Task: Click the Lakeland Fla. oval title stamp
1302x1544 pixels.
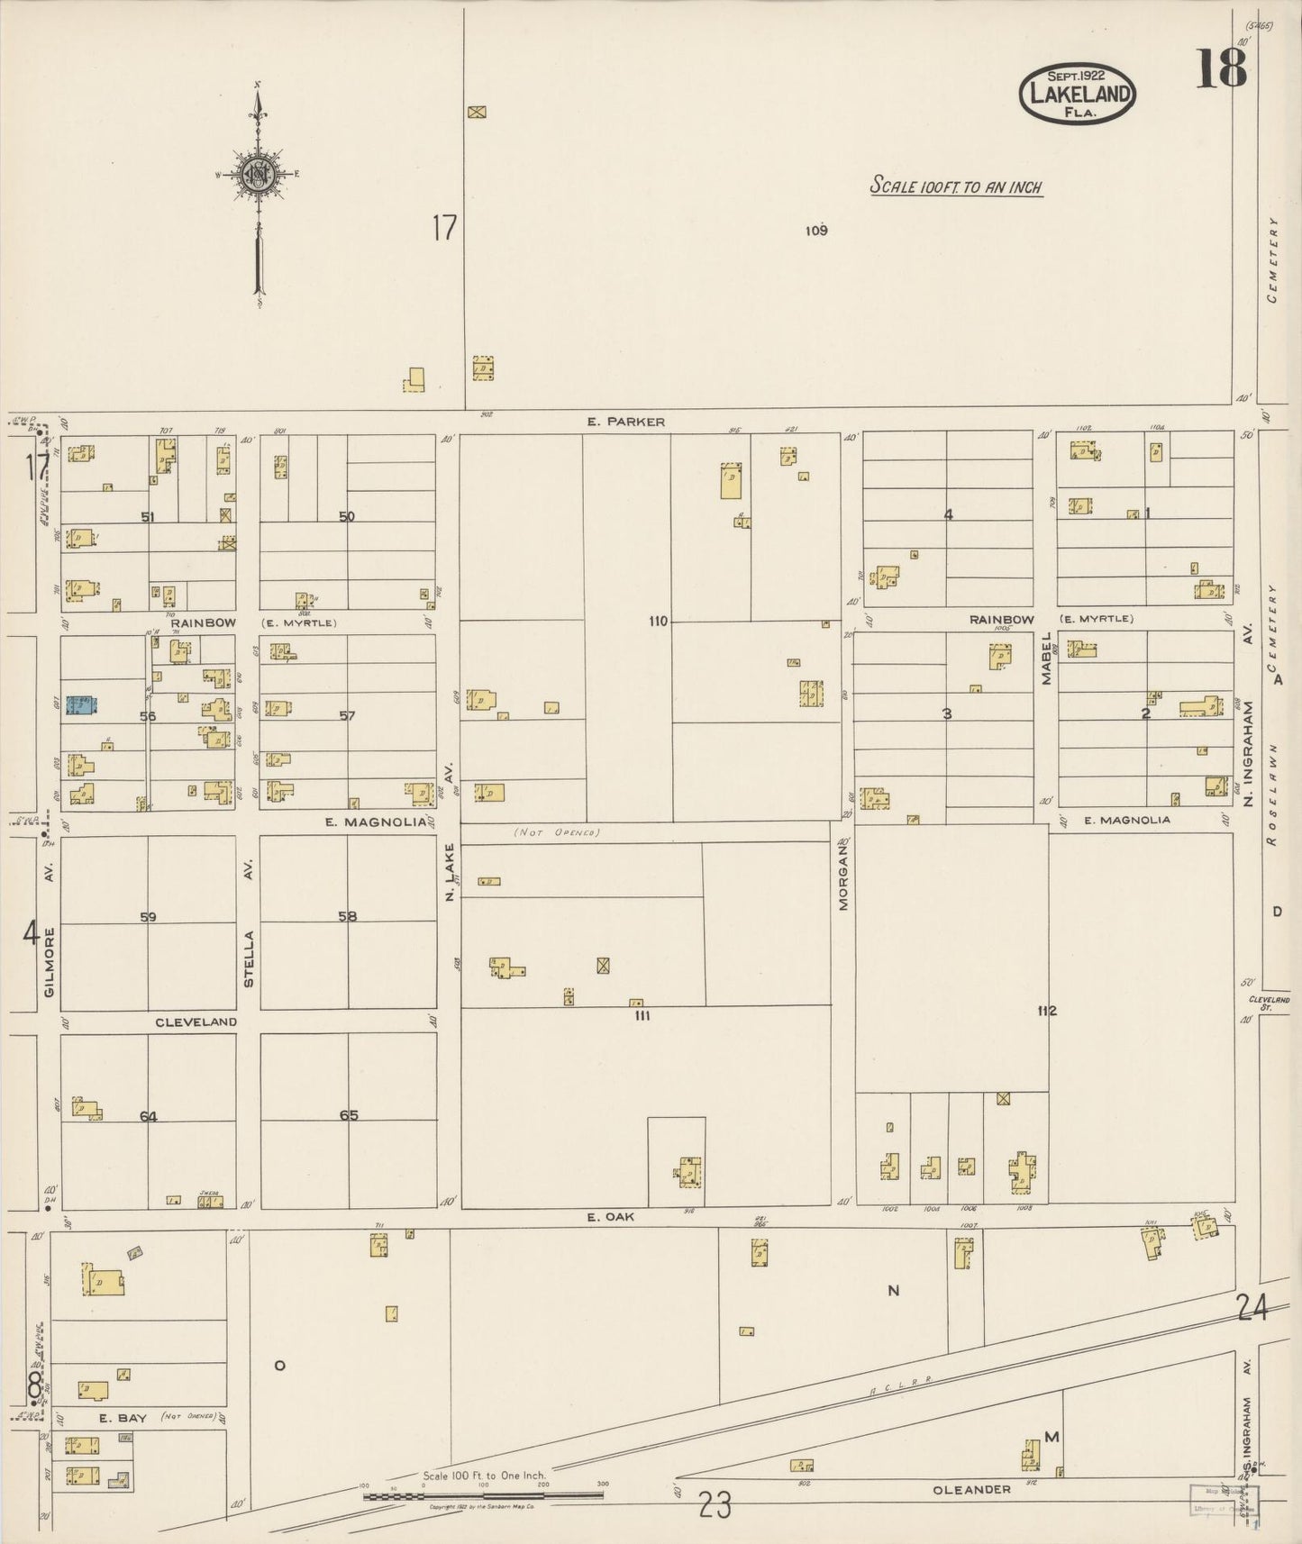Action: (x=1077, y=94)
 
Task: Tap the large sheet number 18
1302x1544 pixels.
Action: (x=1221, y=68)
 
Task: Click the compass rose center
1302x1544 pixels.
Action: (x=259, y=174)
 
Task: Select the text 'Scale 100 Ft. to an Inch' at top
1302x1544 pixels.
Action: (x=956, y=187)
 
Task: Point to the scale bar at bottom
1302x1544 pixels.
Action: (x=483, y=1496)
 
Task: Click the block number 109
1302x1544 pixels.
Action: (x=815, y=231)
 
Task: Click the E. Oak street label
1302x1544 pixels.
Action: (x=611, y=1217)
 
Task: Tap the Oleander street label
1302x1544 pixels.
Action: (x=971, y=1490)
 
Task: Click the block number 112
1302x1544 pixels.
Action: (x=1046, y=1011)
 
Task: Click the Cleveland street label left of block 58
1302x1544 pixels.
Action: (x=196, y=1022)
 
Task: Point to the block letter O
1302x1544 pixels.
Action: (x=279, y=1366)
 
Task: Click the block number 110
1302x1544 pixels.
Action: (x=658, y=621)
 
